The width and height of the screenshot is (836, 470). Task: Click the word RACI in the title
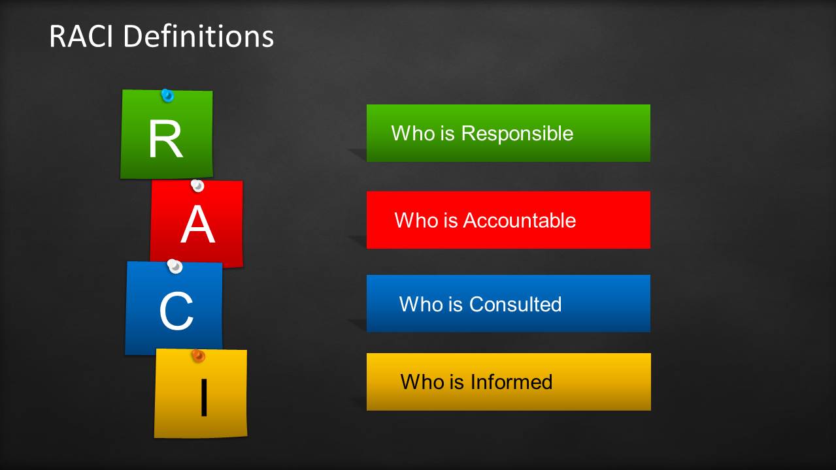(x=81, y=36)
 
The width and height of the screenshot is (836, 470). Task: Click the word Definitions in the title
(x=199, y=36)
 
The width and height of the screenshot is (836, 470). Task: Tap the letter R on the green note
(x=166, y=138)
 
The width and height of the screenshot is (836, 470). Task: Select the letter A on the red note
(x=197, y=224)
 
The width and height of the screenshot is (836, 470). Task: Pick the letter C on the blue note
(x=176, y=311)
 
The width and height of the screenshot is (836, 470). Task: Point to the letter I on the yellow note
(x=204, y=397)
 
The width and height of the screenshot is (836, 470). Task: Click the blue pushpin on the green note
(x=167, y=95)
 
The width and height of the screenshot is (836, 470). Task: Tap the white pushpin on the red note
(x=197, y=185)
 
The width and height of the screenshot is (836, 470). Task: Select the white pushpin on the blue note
(x=175, y=266)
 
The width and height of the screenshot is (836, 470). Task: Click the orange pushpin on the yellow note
(x=198, y=356)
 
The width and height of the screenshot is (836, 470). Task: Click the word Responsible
(x=517, y=133)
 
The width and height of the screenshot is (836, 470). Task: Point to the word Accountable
(x=519, y=220)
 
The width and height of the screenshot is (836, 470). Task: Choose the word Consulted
(x=516, y=304)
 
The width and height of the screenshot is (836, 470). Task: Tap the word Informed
(x=511, y=382)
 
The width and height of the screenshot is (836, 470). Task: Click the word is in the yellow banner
(x=457, y=382)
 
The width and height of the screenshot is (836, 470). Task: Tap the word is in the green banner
(x=448, y=133)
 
